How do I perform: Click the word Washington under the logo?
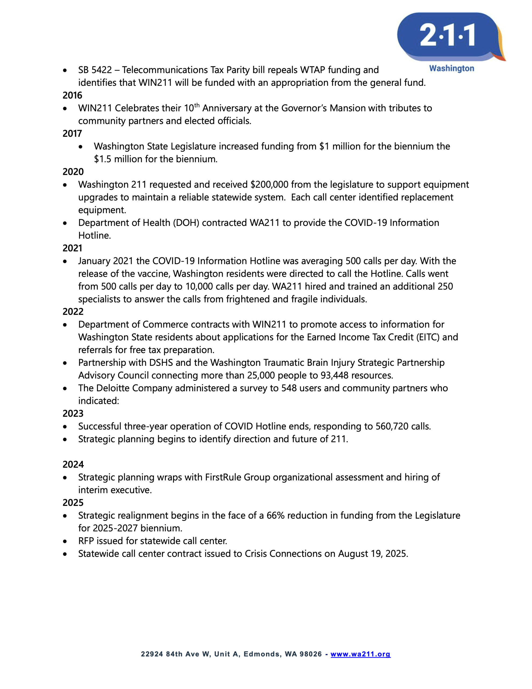[451, 68]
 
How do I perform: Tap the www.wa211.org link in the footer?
[360, 654]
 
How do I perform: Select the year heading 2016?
[72, 95]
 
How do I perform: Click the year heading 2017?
[72, 133]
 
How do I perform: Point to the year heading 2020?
[73, 172]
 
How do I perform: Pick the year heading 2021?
[72, 248]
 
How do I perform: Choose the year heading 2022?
[73, 311]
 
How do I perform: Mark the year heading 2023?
[73, 413]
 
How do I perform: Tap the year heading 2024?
[73, 464]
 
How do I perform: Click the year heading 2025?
[73, 502]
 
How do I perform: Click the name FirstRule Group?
[237, 477]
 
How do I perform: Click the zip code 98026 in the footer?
[310, 654]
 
